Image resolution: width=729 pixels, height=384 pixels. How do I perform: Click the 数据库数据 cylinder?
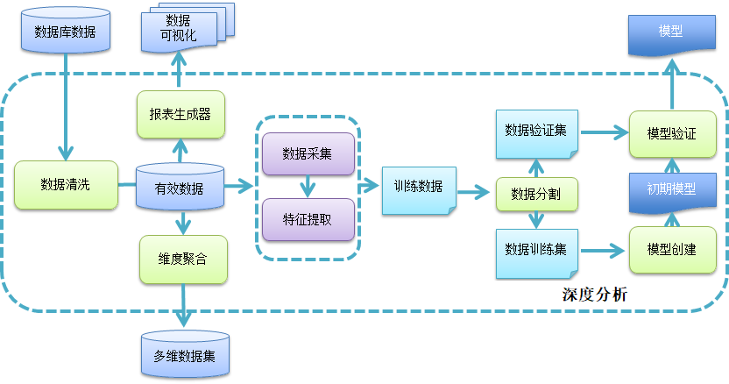66,32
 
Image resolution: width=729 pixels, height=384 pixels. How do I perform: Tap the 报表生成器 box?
180,114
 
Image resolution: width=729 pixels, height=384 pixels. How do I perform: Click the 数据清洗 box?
66,184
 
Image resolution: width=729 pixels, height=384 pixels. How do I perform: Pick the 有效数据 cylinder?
180,187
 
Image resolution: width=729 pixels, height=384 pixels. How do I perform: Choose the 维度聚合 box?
183,259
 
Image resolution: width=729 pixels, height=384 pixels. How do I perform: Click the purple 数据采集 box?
308,153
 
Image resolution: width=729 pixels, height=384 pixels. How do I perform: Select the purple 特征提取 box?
308,218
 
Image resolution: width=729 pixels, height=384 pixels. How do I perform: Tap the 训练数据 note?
418,187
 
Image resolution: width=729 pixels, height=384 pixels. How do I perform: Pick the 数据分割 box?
536,194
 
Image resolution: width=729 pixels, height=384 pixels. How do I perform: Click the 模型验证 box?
671,133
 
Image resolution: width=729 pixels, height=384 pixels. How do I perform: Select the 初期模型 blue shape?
671,188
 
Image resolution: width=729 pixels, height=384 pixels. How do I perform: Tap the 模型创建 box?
671,250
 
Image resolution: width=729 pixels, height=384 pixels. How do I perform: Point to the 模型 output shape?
671,33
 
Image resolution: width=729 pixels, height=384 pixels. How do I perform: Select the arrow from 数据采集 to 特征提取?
308,186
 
